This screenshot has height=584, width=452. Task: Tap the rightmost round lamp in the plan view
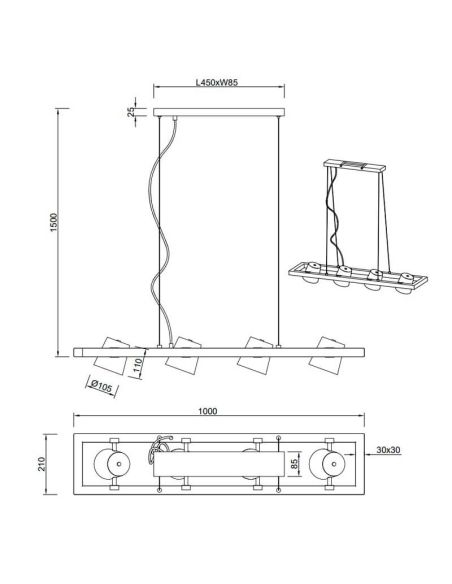329,467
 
